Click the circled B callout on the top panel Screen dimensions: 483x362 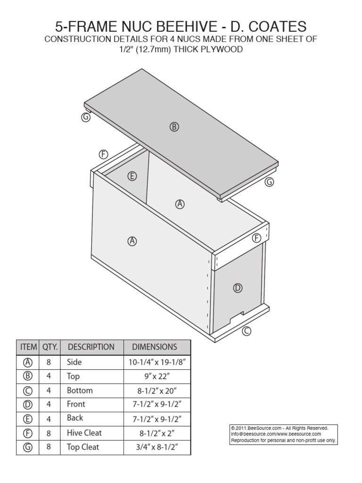pyautogui.click(x=174, y=126)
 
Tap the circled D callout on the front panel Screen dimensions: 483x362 pyautogui.click(x=238, y=288)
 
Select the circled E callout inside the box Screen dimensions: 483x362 pyautogui.click(x=132, y=176)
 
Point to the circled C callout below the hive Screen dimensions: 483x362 pyautogui.click(x=246, y=332)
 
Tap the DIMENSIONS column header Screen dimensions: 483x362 pyautogui.click(x=155, y=347)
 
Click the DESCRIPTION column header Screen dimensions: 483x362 pyautogui.click(x=91, y=347)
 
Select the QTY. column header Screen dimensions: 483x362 pyautogui.click(x=50, y=347)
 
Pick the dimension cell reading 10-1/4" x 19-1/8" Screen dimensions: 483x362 pyautogui.click(x=155, y=362)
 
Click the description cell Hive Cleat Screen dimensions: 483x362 pyautogui.click(x=84, y=433)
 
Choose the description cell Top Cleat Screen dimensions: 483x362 pyautogui.click(x=83, y=447)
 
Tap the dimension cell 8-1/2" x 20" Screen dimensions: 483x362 pyautogui.click(x=155, y=391)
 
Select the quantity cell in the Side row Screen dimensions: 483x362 pyautogui.click(x=49, y=362)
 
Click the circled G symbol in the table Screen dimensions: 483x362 pyautogui.click(x=28, y=447)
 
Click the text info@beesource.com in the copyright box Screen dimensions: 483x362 pyautogui.click(x=247, y=434)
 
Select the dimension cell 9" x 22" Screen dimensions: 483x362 pyautogui.click(x=155, y=376)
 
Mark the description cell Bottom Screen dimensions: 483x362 pyautogui.click(x=80, y=391)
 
